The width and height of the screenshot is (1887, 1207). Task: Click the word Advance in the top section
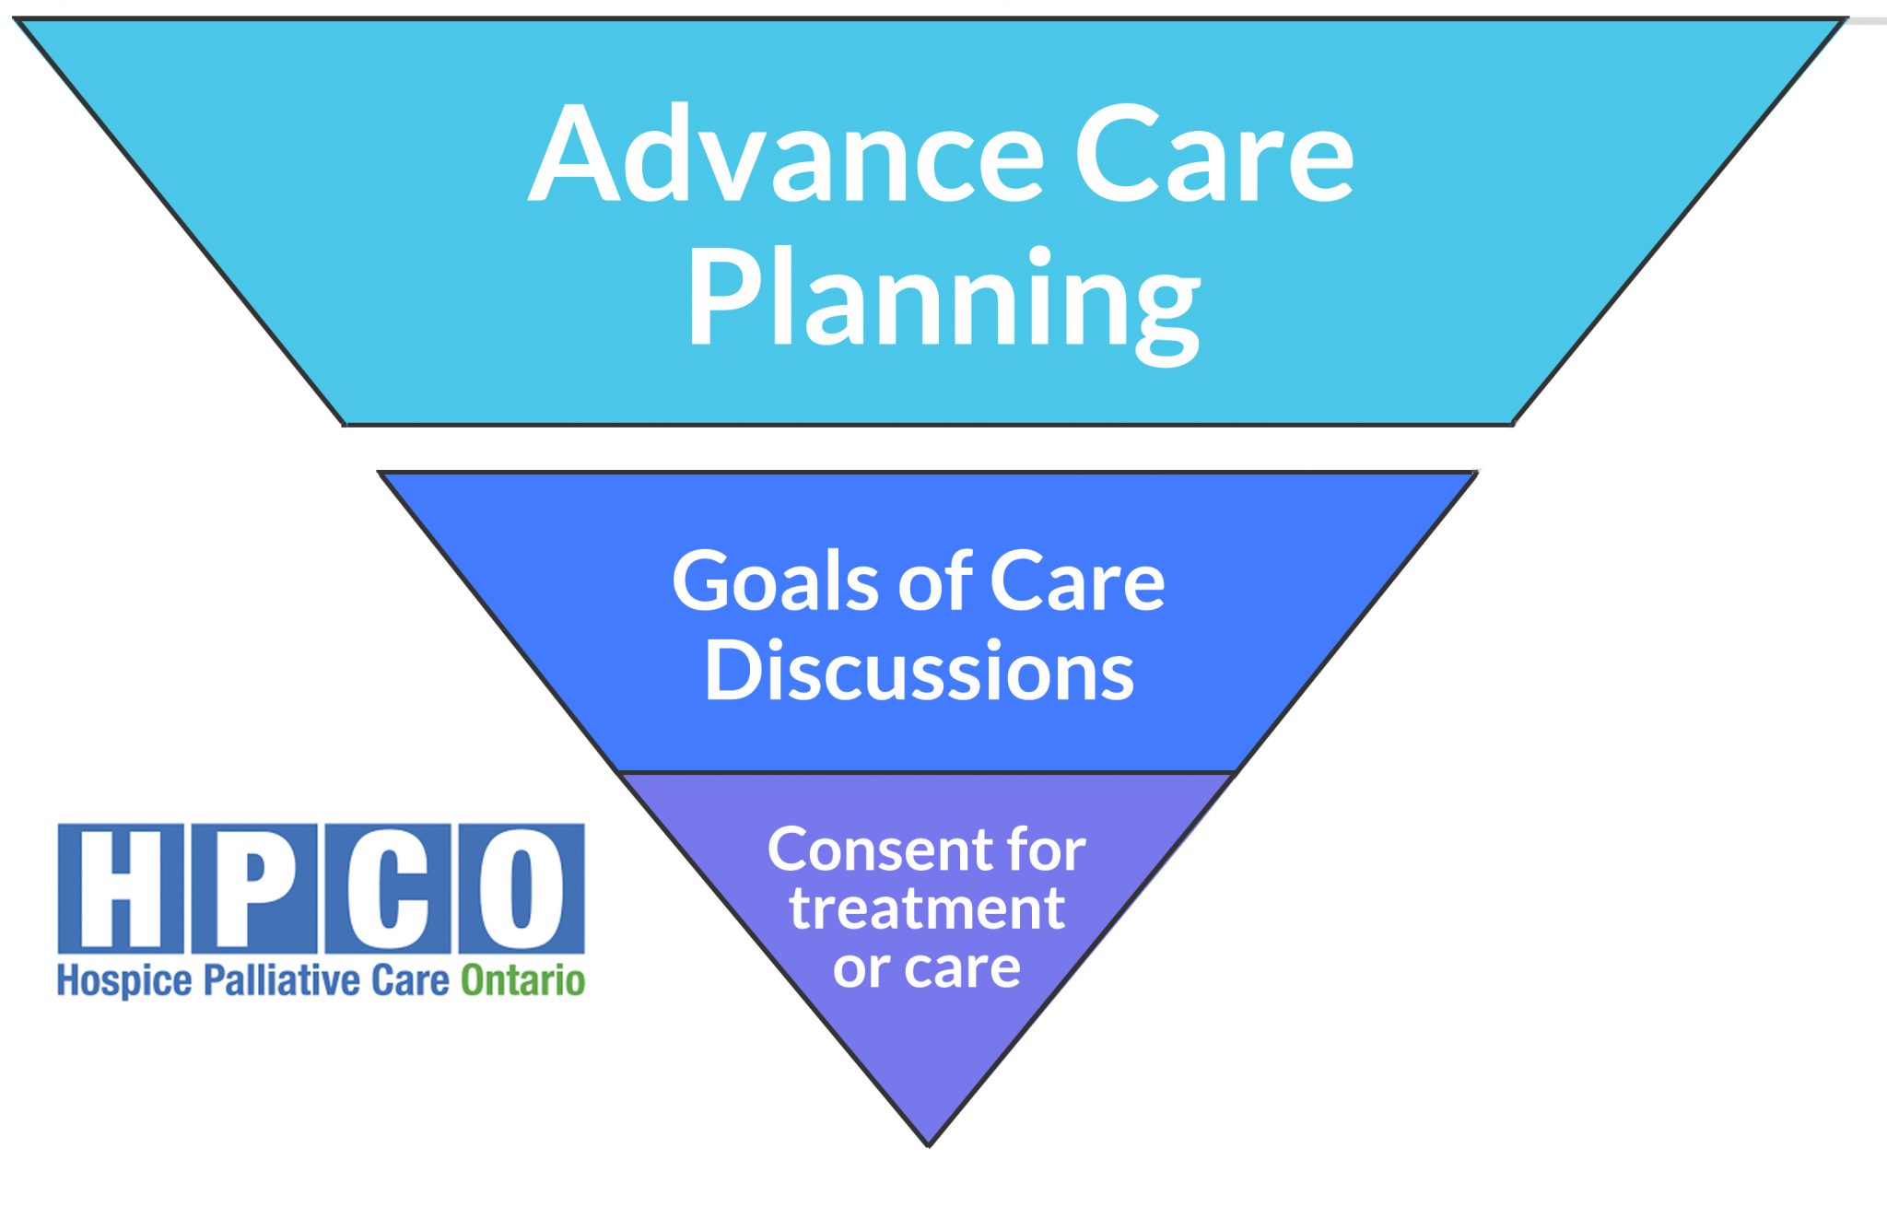click(787, 153)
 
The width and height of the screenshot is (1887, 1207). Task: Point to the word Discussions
click(920, 671)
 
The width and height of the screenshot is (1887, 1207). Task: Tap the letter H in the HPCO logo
click(121, 888)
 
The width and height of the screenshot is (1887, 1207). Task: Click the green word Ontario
click(523, 980)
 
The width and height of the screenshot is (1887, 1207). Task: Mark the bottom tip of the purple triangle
click(929, 1146)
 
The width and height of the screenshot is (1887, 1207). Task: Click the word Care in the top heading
click(1214, 153)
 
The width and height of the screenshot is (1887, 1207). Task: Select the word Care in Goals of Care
click(1077, 581)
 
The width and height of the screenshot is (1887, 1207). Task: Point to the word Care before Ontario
click(410, 980)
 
